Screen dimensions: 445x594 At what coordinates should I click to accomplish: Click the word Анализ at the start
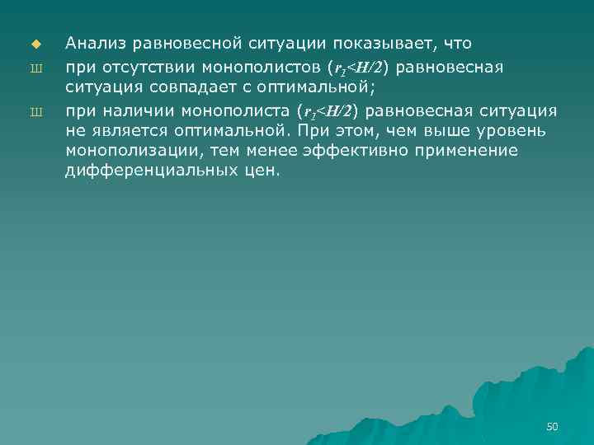[x=92, y=43]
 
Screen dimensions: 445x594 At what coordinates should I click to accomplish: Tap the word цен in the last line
[x=262, y=171]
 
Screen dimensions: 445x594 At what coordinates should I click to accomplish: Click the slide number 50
[x=553, y=426]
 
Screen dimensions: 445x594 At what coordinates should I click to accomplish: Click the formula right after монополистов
[x=357, y=65]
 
